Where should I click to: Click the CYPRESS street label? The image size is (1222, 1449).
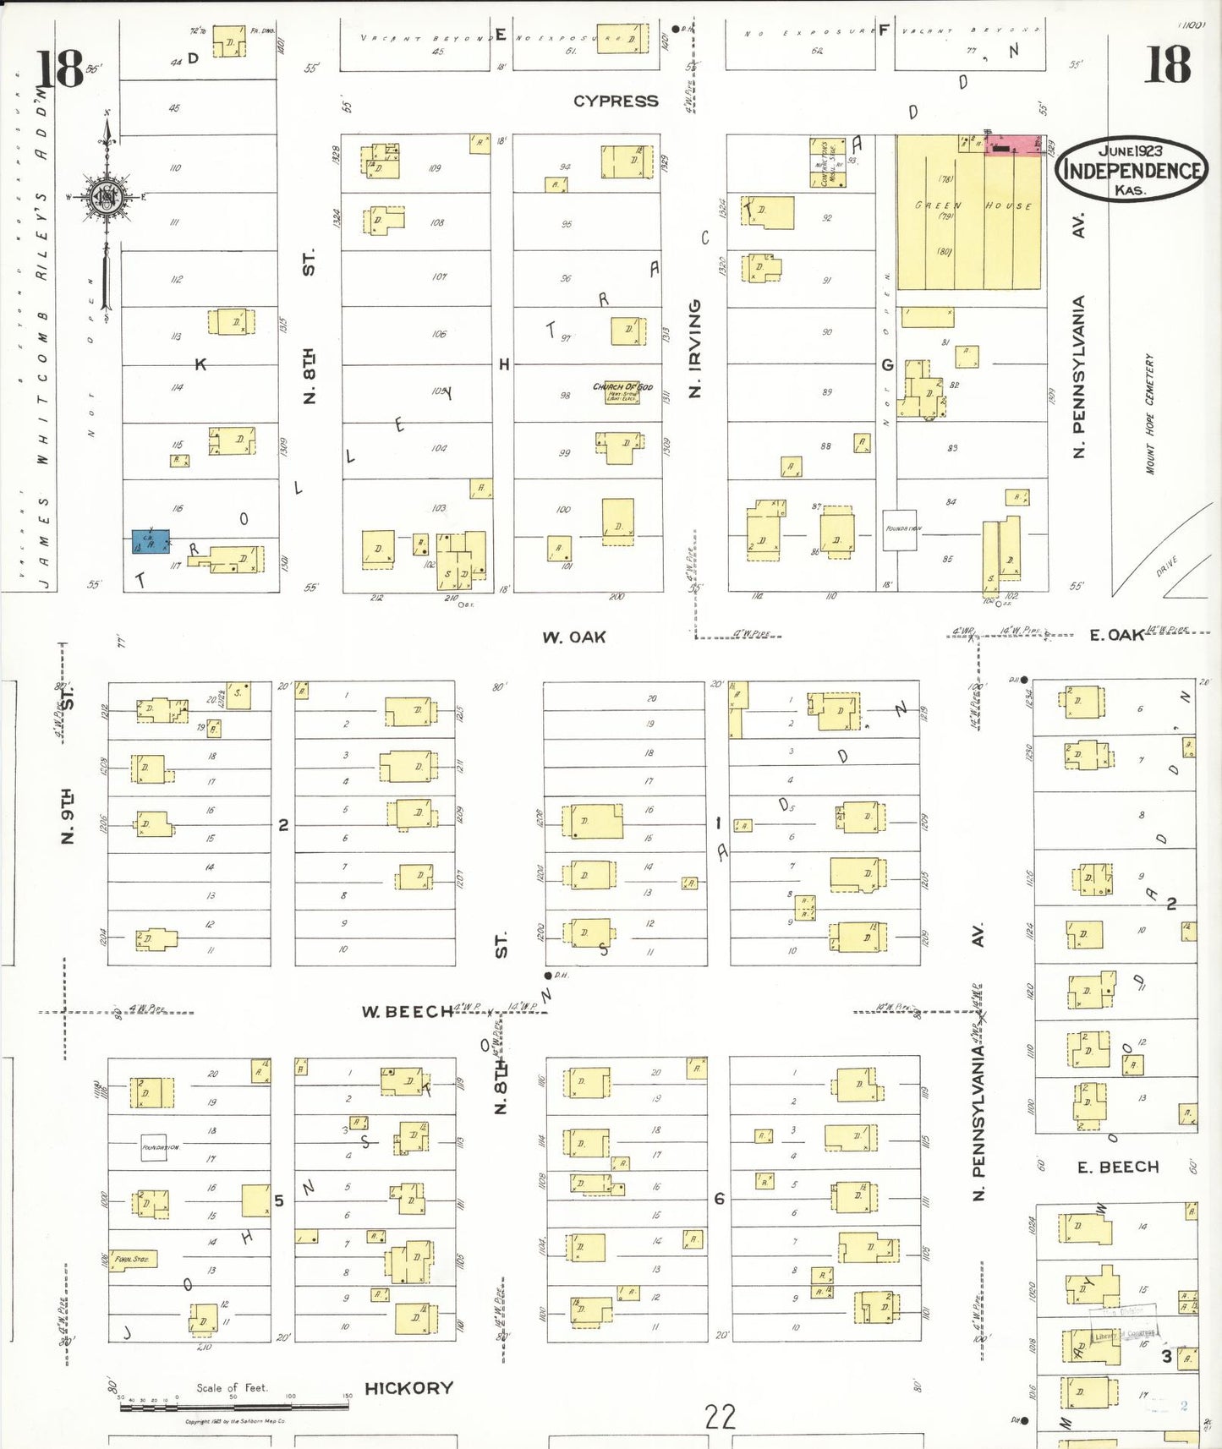(x=615, y=101)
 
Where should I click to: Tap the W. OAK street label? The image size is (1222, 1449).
(x=573, y=637)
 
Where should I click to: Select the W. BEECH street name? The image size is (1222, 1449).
(x=407, y=1012)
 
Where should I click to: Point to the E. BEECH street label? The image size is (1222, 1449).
(x=1117, y=1167)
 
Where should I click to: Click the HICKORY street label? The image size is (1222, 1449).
(x=408, y=1388)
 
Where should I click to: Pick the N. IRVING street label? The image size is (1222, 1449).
(x=695, y=348)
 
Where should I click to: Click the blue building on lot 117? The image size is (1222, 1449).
(x=151, y=542)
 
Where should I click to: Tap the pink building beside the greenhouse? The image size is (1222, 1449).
(x=1012, y=145)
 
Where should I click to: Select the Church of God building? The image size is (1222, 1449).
(x=622, y=391)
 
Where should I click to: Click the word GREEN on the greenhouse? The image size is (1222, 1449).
(x=937, y=205)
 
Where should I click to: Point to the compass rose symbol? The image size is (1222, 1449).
(x=107, y=199)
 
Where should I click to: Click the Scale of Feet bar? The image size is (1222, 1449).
(x=233, y=1406)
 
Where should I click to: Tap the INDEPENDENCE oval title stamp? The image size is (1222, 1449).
(x=1132, y=170)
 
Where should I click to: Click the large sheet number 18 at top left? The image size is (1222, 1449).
(x=60, y=69)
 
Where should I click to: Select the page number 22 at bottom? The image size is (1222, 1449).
(x=720, y=1418)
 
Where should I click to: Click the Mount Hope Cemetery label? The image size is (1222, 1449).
(x=1149, y=414)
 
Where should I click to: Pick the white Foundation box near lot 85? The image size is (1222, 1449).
(x=900, y=530)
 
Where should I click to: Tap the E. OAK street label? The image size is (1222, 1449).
(x=1115, y=635)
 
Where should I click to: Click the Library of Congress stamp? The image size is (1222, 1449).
(x=1124, y=1335)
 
